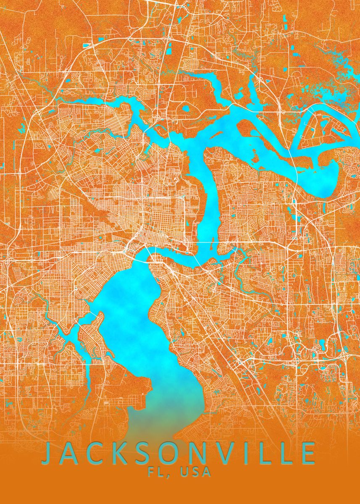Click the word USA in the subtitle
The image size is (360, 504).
tap(195, 472)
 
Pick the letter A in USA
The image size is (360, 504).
tap(206, 472)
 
